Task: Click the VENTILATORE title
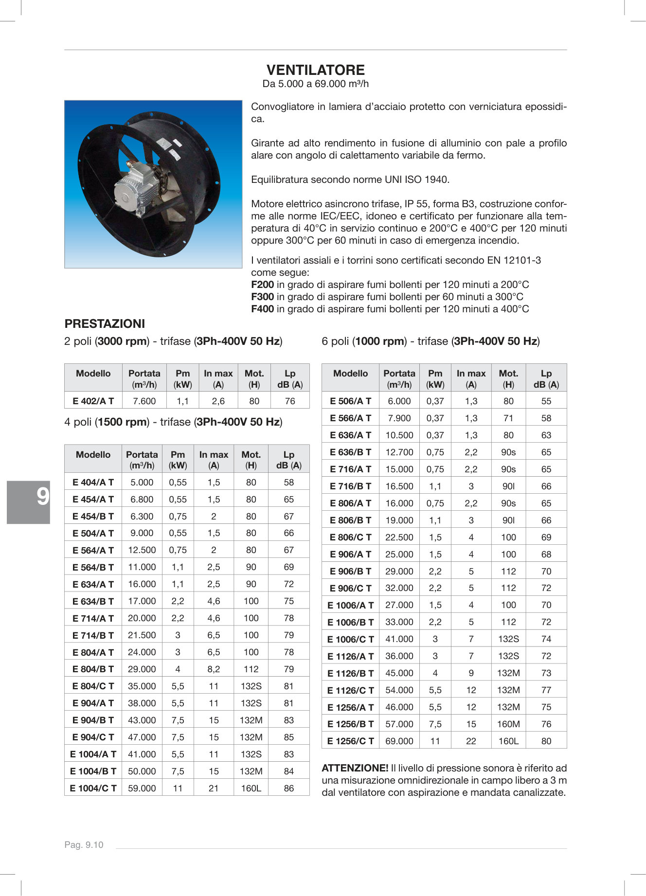pyautogui.click(x=315, y=70)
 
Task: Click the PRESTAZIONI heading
pyautogui.click(x=105, y=324)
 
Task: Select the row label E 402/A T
pyautogui.click(x=93, y=401)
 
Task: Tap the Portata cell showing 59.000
pyautogui.click(x=142, y=788)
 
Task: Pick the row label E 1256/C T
pyautogui.click(x=350, y=741)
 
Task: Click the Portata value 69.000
pyautogui.click(x=399, y=741)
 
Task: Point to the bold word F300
pyautogui.click(x=262, y=297)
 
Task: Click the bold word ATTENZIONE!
pyautogui.click(x=355, y=768)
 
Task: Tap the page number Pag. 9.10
pyautogui.click(x=84, y=845)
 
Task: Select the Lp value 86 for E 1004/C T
pyautogui.click(x=289, y=788)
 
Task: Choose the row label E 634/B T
pyautogui.click(x=93, y=601)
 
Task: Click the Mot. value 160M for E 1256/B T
pyautogui.click(x=508, y=724)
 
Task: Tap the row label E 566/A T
pyautogui.click(x=350, y=418)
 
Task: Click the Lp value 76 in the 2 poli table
pyautogui.click(x=290, y=401)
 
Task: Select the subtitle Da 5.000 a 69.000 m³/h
pyautogui.click(x=315, y=84)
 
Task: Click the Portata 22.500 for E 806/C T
pyautogui.click(x=399, y=537)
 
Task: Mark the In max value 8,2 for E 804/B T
pyautogui.click(x=214, y=669)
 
